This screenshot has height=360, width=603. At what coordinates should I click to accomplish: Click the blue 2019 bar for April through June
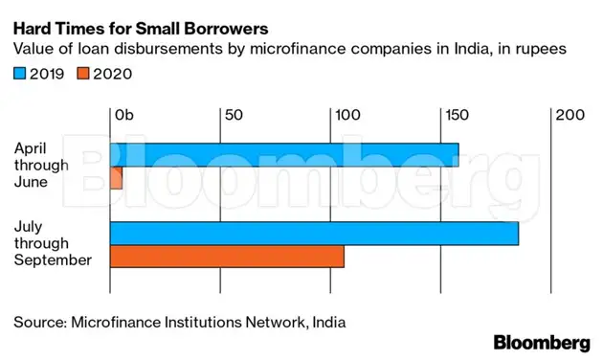(284, 154)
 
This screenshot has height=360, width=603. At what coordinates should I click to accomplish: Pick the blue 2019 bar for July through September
(314, 233)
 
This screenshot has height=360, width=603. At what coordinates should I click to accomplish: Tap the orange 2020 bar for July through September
(227, 257)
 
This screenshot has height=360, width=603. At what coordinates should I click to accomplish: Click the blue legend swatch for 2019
(20, 73)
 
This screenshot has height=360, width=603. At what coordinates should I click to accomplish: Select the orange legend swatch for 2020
(83, 73)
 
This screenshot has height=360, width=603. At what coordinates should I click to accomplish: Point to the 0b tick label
(124, 115)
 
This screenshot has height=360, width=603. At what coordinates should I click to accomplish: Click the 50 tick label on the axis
(233, 115)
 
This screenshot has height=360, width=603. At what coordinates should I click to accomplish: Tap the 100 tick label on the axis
(346, 115)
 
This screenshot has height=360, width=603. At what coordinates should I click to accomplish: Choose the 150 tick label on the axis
(456, 115)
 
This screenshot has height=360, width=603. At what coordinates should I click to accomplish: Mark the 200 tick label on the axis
(569, 115)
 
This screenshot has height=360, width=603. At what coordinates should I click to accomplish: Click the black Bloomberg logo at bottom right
(541, 343)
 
